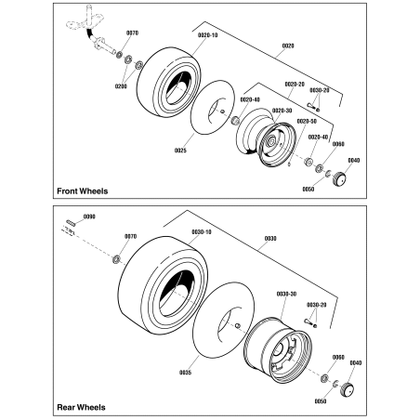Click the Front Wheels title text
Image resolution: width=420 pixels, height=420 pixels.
[82, 191]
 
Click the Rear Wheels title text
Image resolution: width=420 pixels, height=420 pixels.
[80, 407]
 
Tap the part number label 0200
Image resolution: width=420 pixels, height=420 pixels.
[120, 85]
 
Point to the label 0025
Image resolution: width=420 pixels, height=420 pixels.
[180, 150]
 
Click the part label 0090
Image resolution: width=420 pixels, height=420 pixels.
[89, 217]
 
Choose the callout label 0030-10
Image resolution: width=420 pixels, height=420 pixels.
[202, 231]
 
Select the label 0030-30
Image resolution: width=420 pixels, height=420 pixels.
[285, 294]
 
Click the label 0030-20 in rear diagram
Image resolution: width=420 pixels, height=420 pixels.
[317, 304]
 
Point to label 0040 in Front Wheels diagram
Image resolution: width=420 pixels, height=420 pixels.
[354, 160]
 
